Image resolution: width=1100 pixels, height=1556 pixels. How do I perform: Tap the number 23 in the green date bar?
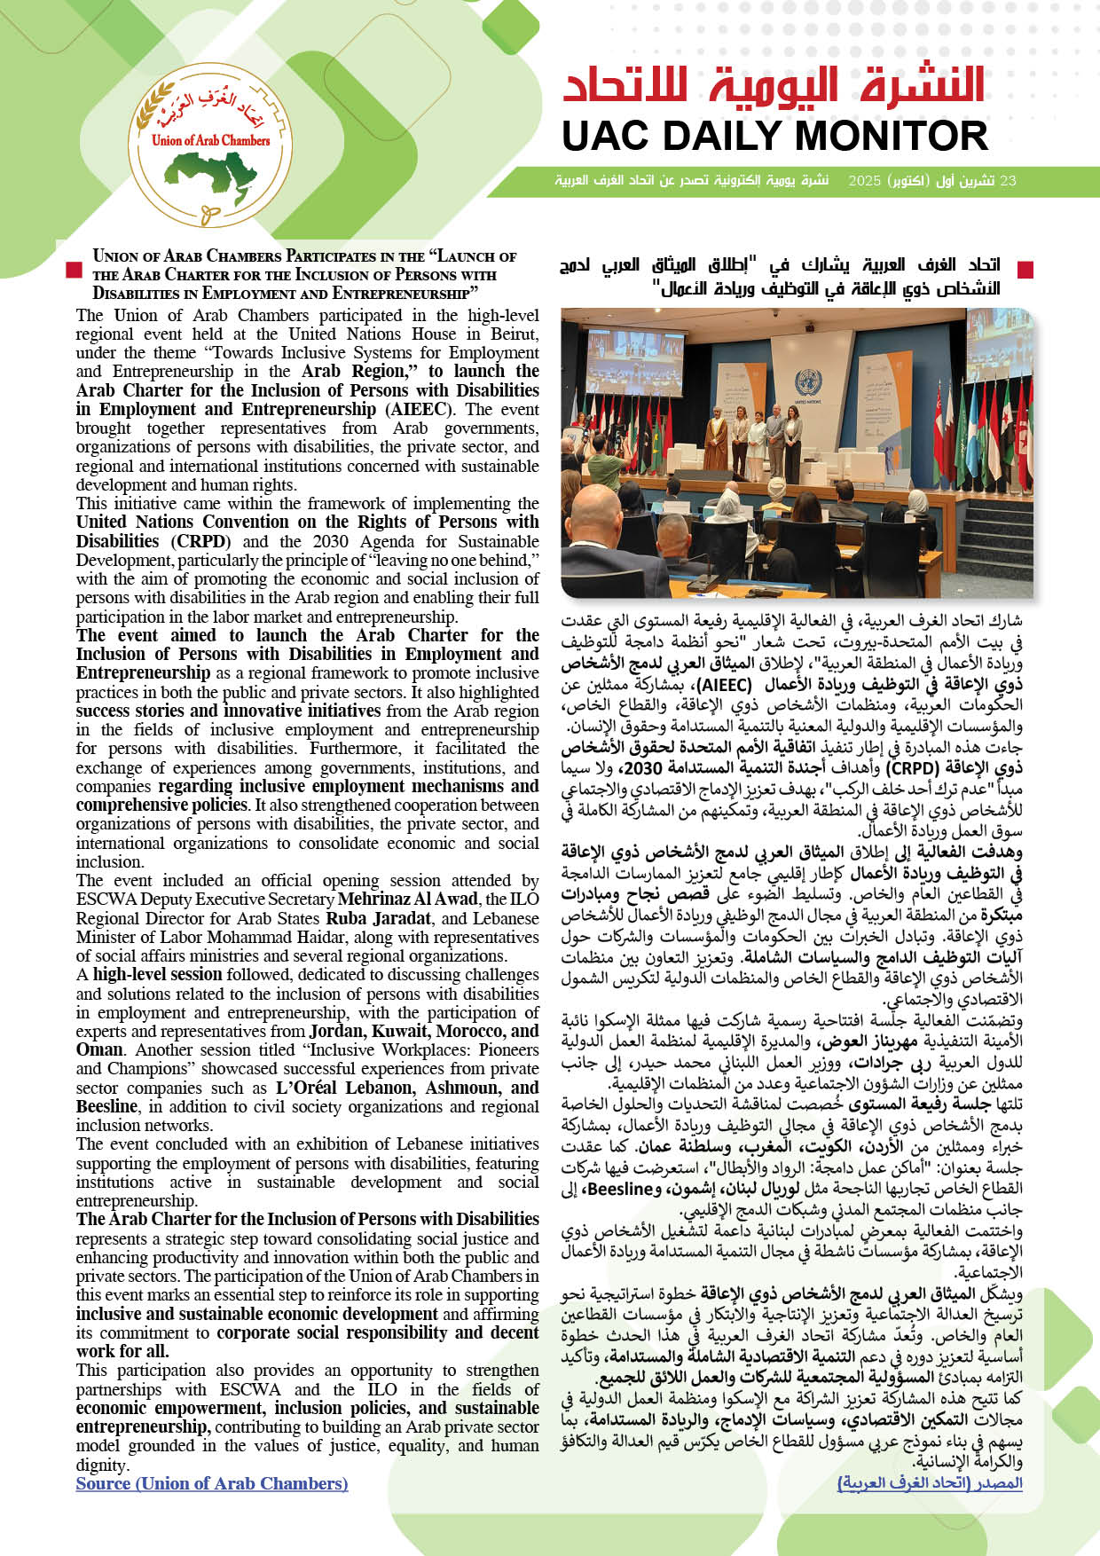[x=1008, y=181]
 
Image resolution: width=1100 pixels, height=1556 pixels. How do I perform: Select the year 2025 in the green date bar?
[x=865, y=181]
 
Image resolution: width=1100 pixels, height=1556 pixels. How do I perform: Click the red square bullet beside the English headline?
[x=75, y=270]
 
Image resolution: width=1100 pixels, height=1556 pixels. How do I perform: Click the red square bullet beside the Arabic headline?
[x=1025, y=270]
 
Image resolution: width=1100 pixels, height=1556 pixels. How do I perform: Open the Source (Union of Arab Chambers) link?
[x=212, y=1483]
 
